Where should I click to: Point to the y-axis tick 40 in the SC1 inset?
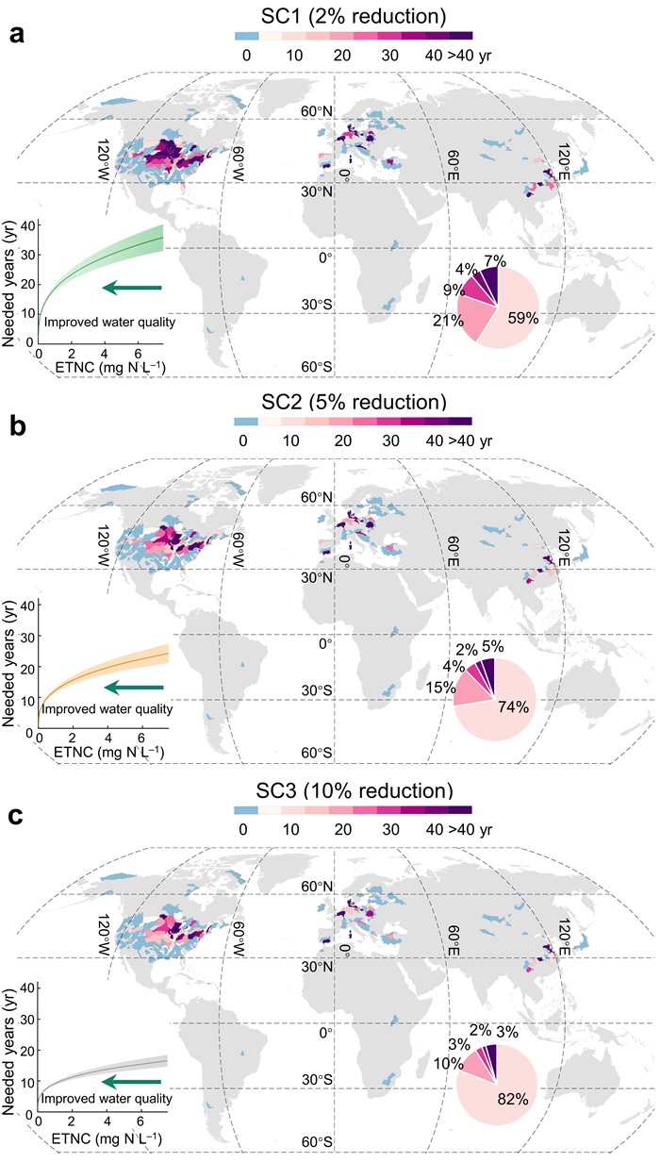28,224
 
